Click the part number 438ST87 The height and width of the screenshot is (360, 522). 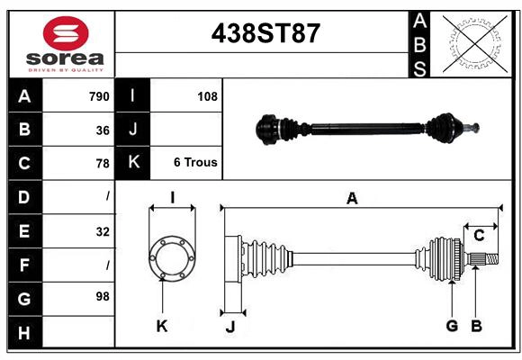265,33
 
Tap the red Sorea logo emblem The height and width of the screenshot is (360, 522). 67,35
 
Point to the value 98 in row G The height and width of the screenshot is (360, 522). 100,296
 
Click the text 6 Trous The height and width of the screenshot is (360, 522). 195,163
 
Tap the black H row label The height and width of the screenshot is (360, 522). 24,332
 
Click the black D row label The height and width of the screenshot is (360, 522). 24,196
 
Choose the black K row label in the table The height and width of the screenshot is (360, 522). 133,163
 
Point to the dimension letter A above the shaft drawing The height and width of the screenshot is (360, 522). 352,199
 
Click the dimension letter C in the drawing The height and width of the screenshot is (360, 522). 479,236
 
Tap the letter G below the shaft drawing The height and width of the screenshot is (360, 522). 452,326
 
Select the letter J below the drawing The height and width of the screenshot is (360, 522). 229,327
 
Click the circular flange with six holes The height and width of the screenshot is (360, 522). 171,258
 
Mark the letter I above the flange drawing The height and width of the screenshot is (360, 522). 171,197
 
